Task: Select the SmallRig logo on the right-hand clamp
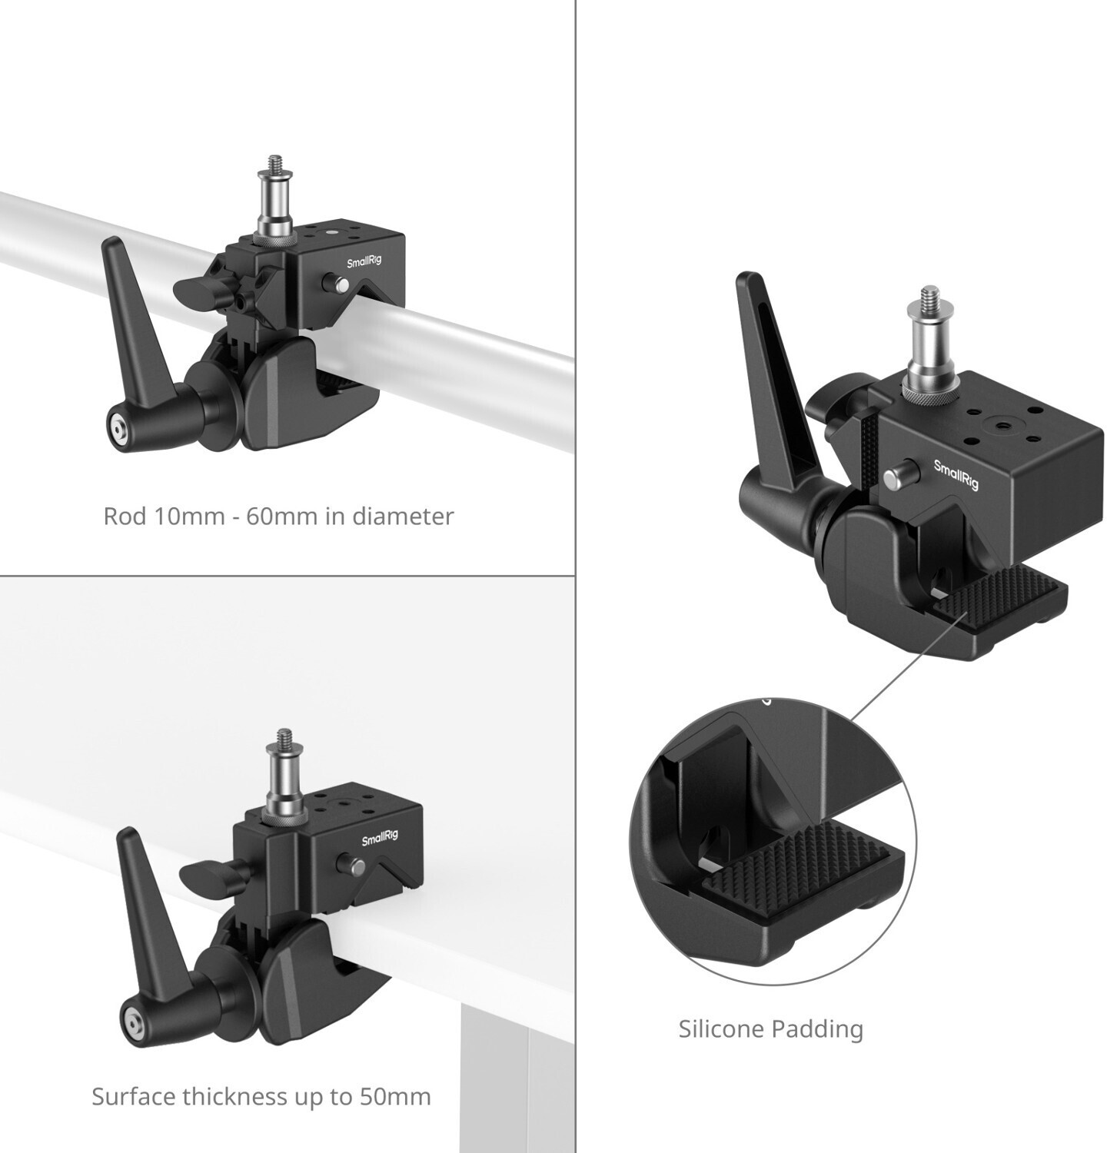coord(956,474)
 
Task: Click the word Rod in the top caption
coord(125,516)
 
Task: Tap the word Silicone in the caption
coord(722,1028)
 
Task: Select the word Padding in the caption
coord(818,1030)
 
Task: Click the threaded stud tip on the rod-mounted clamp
coord(273,165)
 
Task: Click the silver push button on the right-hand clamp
coord(894,478)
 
